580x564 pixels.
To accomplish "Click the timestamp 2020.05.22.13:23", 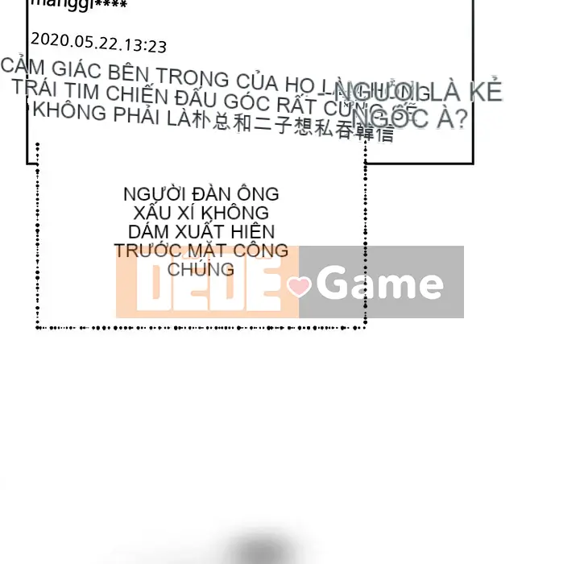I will tap(98, 44).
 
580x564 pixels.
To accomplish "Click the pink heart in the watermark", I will tap(299, 286).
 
